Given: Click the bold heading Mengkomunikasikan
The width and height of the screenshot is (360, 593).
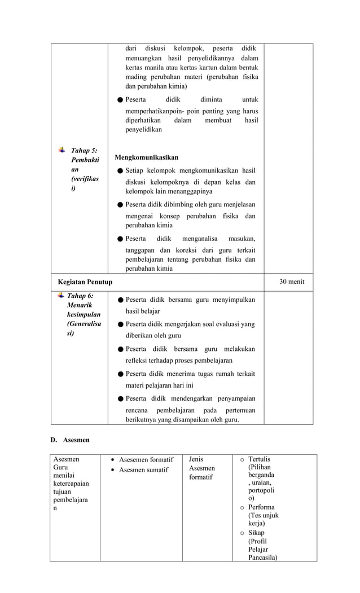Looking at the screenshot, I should [146, 157].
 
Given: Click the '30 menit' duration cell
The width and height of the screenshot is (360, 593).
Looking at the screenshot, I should [292, 282].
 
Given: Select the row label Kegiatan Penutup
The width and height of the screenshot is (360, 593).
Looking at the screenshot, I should [85, 282].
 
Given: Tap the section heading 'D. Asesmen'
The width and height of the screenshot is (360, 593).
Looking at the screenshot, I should [70, 438].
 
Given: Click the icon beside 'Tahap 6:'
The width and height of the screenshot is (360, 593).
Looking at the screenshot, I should [60, 295].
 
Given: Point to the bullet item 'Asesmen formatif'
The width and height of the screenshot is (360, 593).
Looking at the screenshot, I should [146, 460].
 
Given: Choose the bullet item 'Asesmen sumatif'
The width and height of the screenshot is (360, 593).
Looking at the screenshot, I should [144, 470].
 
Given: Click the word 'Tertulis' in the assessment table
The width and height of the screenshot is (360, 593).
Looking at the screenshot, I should [260, 459].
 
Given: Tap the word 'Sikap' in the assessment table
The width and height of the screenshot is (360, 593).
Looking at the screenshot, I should [257, 533].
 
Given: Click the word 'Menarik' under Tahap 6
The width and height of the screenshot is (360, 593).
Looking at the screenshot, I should [80, 305].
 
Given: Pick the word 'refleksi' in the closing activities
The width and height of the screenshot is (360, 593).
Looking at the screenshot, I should [139, 360].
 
